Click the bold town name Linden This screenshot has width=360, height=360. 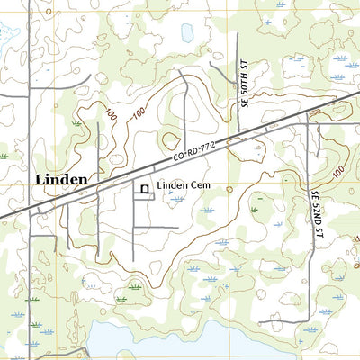61,179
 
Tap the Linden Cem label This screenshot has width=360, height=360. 184,186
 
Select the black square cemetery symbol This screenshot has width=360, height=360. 143,188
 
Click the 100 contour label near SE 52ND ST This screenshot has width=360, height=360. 338,170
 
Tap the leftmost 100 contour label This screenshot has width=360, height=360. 111,115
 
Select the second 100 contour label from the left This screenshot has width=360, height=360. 138,113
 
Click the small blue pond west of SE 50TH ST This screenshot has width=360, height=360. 186,33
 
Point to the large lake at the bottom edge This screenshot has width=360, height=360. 144,344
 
